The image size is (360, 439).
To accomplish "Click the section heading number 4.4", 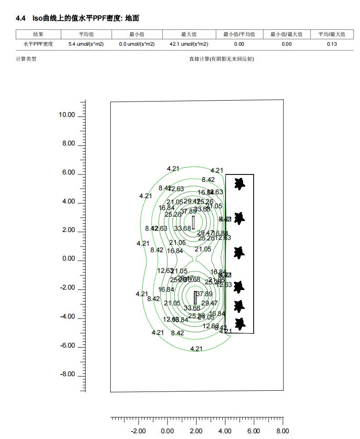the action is click(x=21, y=18).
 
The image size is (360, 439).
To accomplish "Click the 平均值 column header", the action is click(x=87, y=34).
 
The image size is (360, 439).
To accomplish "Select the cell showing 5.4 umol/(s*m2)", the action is click(x=86, y=44).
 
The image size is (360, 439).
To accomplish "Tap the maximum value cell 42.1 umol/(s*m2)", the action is click(x=189, y=44).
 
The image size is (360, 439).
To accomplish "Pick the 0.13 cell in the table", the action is click(x=332, y=44).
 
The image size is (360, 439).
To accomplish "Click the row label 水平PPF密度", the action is click(x=38, y=44).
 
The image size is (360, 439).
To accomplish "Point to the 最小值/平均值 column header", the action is click(x=239, y=34).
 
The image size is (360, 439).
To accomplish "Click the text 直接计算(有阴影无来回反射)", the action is click(x=222, y=59).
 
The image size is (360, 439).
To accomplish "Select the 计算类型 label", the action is click(x=26, y=59).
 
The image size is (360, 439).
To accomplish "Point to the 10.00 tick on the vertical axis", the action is click(x=67, y=115).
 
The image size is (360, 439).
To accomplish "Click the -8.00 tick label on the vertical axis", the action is click(x=68, y=374).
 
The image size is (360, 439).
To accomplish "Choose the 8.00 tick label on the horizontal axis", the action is click(x=282, y=431).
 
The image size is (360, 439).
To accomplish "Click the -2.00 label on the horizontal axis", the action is click(x=139, y=431).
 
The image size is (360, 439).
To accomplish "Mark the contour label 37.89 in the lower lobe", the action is click(x=204, y=294).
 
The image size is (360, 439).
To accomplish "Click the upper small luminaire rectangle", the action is click(x=193, y=222).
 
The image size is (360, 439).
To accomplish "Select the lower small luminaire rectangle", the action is click(x=195, y=298).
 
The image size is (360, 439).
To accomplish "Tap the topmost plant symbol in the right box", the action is click(x=240, y=183).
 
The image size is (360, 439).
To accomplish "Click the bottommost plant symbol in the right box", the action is click(x=240, y=324).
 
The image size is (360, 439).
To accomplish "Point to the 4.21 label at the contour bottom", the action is click(x=196, y=348).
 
